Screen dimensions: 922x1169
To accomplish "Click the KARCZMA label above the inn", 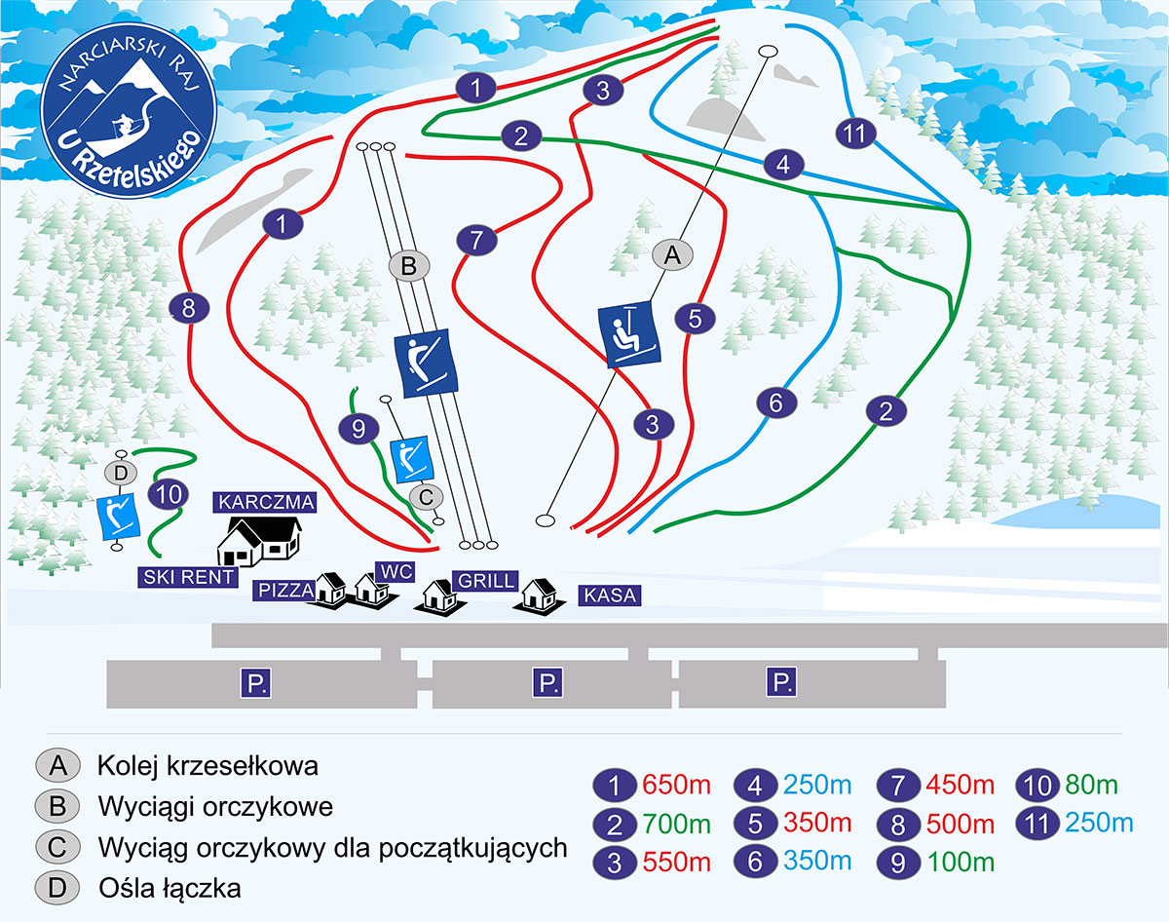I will pos(266,503).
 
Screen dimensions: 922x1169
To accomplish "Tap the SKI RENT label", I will pos(189,577).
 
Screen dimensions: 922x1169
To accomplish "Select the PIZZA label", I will pos(284,590).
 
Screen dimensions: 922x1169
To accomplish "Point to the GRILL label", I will pos(483,581).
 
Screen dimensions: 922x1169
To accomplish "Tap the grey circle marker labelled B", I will pos(409,265).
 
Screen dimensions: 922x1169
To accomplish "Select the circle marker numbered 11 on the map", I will pos(855,134).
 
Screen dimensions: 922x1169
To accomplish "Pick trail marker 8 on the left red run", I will pos(189,309).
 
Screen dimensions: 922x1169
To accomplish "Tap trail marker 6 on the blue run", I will pos(776,402).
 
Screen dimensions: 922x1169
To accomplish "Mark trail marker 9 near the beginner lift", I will pos(358,428).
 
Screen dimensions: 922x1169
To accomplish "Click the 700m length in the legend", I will pos(671,825).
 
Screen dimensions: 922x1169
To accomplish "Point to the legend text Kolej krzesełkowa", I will pos(207,765).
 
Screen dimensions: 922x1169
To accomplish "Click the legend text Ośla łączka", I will pos(170,888).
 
